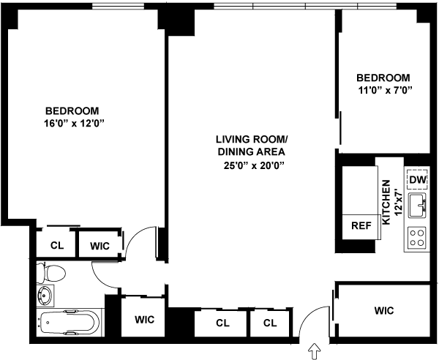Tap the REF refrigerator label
click(360, 226)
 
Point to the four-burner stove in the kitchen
click(417, 237)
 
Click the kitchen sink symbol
click(418, 205)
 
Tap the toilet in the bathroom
click(53, 274)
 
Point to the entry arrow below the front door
click(316, 352)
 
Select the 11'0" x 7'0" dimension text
click(385, 91)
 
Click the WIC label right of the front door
click(383, 311)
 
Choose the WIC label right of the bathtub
click(143, 320)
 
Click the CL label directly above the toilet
click(56, 246)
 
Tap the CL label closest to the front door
click(270, 323)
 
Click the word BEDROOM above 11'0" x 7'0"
click(383, 78)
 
